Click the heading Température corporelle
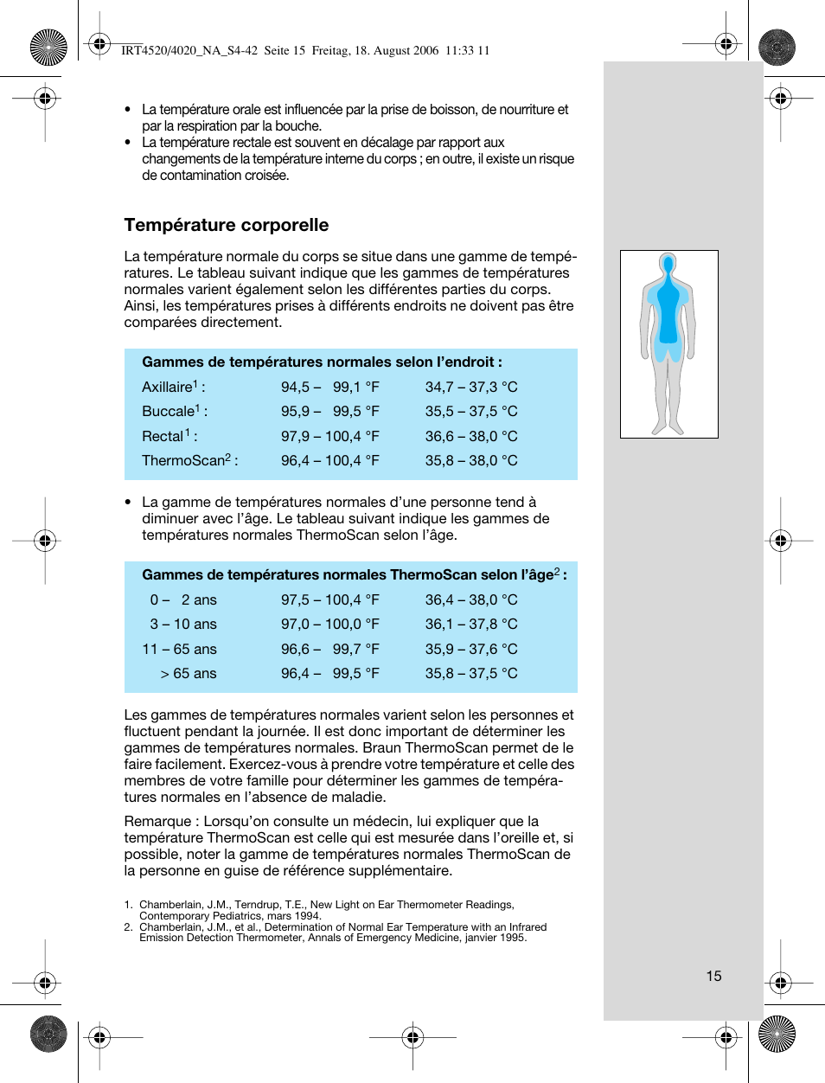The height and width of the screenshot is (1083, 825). coord(226,225)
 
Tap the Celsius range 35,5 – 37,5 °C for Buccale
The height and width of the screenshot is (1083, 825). coord(470,412)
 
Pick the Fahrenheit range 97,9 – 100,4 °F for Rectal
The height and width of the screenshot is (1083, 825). coord(329,436)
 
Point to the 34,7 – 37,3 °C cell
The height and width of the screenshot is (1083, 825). coord(470,387)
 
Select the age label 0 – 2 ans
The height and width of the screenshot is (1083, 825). coord(183,599)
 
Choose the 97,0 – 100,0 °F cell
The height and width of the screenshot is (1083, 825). coord(329,624)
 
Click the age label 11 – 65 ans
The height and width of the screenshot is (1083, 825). coord(179,649)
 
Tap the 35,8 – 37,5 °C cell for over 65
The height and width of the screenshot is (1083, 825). coord(470,673)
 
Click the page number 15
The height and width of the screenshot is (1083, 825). coord(713,976)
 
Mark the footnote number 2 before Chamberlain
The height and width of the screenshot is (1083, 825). coord(127,926)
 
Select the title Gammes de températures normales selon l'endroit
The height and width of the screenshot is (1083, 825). coord(321,362)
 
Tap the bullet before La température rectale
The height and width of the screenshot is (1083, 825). coord(128,143)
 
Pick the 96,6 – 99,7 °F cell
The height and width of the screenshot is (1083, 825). coord(329,649)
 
